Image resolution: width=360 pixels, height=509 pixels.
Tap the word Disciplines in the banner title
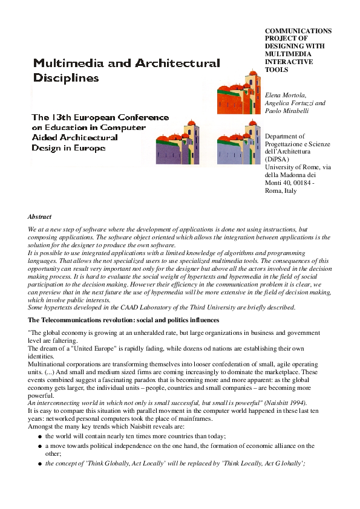(66, 78)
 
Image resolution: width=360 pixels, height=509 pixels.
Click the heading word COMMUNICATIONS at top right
(298, 31)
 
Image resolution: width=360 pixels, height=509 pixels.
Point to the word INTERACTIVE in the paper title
(289, 62)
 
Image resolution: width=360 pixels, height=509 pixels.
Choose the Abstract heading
(39, 216)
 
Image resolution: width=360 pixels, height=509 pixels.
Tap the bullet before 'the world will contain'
(39, 436)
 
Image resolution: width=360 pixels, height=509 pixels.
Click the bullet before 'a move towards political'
(39, 446)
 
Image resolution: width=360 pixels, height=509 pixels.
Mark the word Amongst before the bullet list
(40, 426)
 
